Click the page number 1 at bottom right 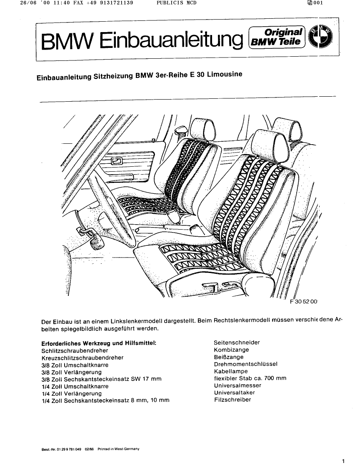pos(342,461)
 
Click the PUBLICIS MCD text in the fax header pos(177,3)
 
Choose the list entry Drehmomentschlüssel pos(245,364)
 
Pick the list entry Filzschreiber pos(232,400)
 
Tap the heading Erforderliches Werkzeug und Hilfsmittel pos(99,343)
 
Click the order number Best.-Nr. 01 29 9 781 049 pos(62,449)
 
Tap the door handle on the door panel pos(116,161)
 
